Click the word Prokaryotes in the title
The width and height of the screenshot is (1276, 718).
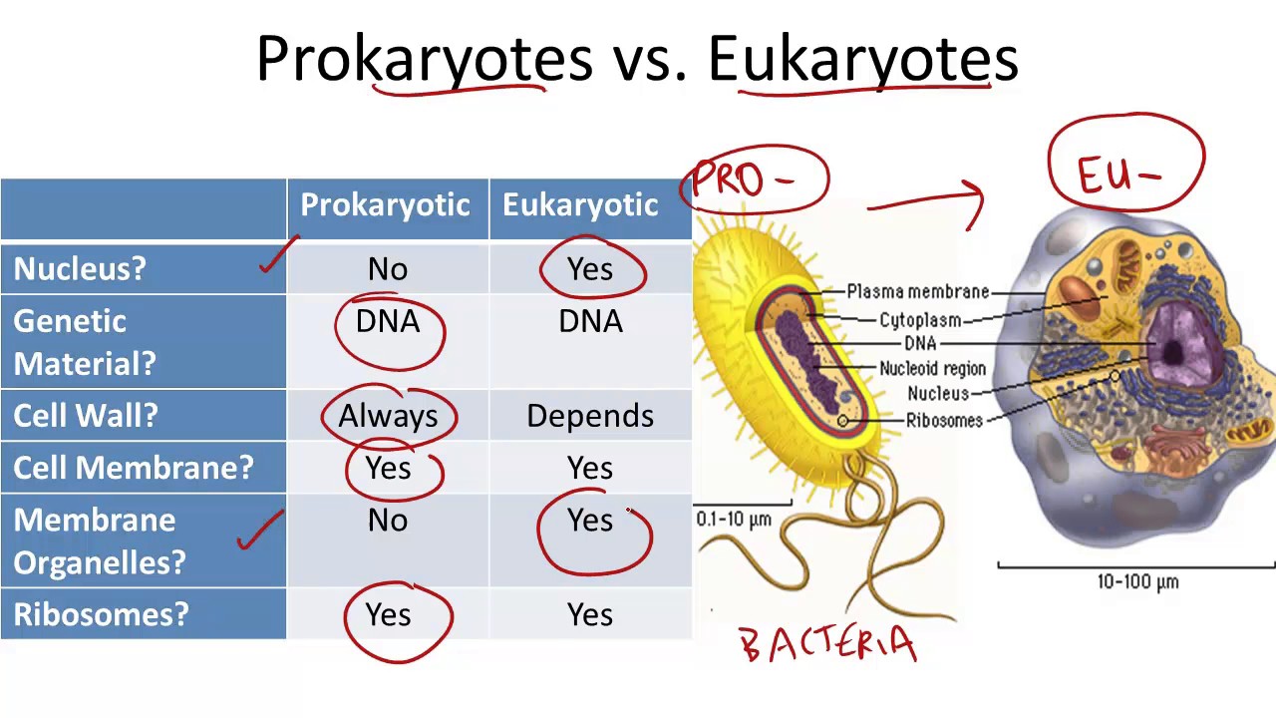(425, 58)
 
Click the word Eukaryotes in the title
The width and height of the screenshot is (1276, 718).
(863, 58)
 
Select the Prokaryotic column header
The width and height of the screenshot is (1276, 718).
(385, 205)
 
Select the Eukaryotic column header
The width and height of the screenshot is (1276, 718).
(580, 205)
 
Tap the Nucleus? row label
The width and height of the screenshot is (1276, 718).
(80, 269)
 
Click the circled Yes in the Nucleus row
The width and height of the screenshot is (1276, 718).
(590, 269)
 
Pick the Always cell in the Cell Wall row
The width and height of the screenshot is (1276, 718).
(388, 416)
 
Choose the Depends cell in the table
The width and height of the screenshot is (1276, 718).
(590, 416)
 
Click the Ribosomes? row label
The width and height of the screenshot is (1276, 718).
(101, 614)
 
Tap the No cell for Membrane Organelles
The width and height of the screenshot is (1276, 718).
(388, 521)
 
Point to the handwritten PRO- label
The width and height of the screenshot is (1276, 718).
(743, 179)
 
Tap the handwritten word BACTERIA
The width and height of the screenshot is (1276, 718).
(828, 644)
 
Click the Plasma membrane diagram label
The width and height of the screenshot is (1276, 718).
(918, 292)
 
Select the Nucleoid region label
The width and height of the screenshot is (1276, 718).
(932, 369)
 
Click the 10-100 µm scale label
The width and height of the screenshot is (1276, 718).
(1137, 582)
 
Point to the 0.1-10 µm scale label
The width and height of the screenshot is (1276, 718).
(734, 520)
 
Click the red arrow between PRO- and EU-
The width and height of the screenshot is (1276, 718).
(927, 202)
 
